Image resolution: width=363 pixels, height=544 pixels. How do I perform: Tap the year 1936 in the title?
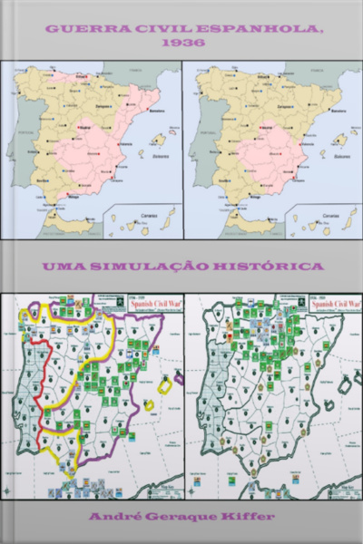coord(181,43)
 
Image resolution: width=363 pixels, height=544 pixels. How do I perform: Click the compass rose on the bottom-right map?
coord(193,491)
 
